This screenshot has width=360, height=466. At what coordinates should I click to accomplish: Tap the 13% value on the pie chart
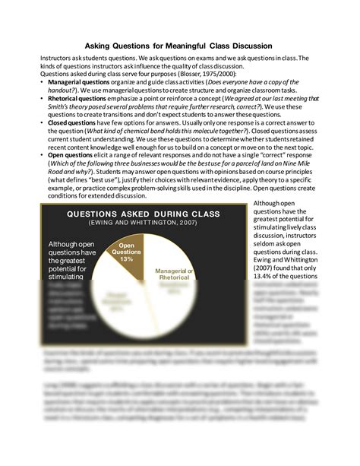tap(127, 259)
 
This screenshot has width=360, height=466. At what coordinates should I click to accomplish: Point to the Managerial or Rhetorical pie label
tap(174, 275)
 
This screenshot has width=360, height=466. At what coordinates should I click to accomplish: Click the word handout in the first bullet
tap(59, 90)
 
